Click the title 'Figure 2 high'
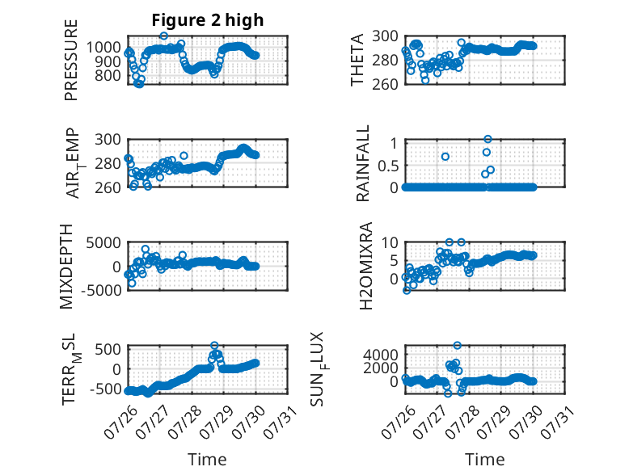point(208,20)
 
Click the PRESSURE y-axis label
point(70,60)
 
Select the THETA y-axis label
point(357,60)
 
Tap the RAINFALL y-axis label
point(362,163)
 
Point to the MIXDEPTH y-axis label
point(66,267)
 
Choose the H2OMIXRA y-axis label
point(366,266)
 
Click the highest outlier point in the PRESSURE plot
point(163,36)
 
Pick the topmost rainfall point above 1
point(488,139)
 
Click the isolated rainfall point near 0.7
point(445,157)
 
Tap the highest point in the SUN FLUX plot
point(458,345)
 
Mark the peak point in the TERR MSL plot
point(214,345)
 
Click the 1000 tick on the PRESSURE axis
point(103,48)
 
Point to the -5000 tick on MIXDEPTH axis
point(101,290)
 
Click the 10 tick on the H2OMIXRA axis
point(390,242)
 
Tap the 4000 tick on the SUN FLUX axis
point(381,355)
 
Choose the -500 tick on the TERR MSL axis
point(106,389)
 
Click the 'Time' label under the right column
point(484,460)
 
